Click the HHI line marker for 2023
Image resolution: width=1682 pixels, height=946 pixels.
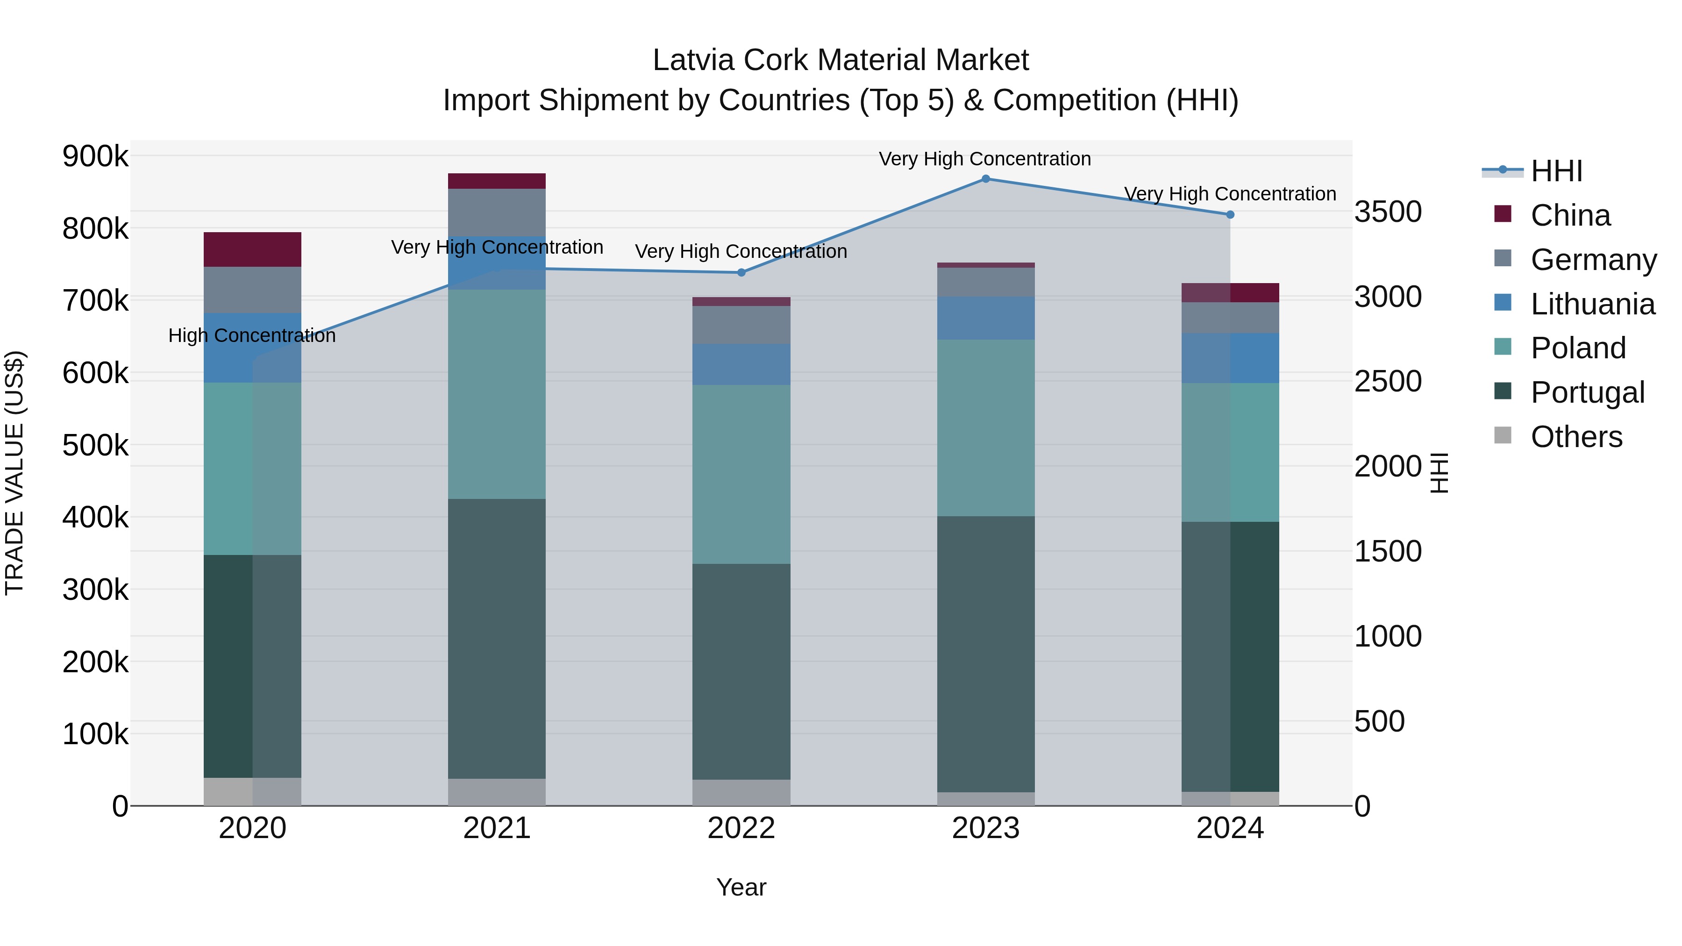[x=985, y=178]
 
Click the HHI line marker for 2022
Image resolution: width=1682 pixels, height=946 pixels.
[x=741, y=272]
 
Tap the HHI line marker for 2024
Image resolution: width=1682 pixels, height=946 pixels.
[x=1230, y=214]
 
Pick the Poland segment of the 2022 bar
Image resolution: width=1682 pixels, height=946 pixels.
[x=741, y=474]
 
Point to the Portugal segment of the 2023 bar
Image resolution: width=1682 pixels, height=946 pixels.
[x=985, y=654]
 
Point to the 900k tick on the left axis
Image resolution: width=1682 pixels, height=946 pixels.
[x=95, y=156]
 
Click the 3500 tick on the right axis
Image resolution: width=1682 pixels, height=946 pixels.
[x=1388, y=212]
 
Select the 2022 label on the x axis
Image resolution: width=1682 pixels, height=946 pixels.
[x=741, y=828]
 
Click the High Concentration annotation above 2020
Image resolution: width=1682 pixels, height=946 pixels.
[x=252, y=335]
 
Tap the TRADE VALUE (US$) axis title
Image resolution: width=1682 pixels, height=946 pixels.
[x=14, y=473]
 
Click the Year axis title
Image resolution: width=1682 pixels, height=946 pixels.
[x=741, y=887]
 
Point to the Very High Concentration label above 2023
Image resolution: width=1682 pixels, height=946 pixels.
[x=984, y=159]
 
